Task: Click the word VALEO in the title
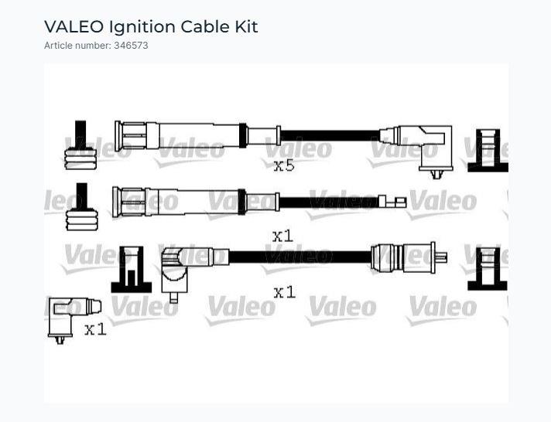(x=74, y=27)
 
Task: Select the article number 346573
(x=131, y=46)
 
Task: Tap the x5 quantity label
(x=284, y=165)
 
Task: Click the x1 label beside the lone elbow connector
(x=95, y=329)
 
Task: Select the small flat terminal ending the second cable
(x=392, y=202)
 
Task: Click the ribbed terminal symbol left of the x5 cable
(x=80, y=145)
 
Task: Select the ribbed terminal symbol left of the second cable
(x=81, y=207)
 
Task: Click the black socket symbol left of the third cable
(x=132, y=270)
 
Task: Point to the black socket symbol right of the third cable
(x=488, y=268)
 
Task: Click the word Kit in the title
(x=246, y=27)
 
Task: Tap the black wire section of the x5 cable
(x=330, y=135)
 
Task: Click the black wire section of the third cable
(x=299, y=257)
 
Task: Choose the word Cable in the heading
(x=205, y=27)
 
